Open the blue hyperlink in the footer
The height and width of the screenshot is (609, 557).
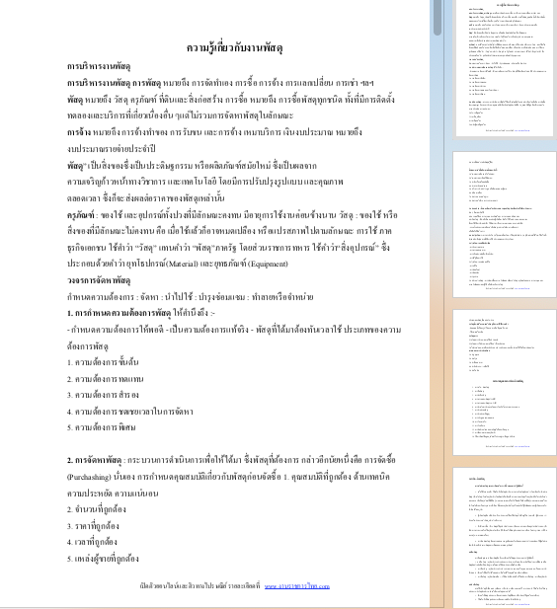tap(296, 585)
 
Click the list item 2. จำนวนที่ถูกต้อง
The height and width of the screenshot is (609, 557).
tap(96, 508)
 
